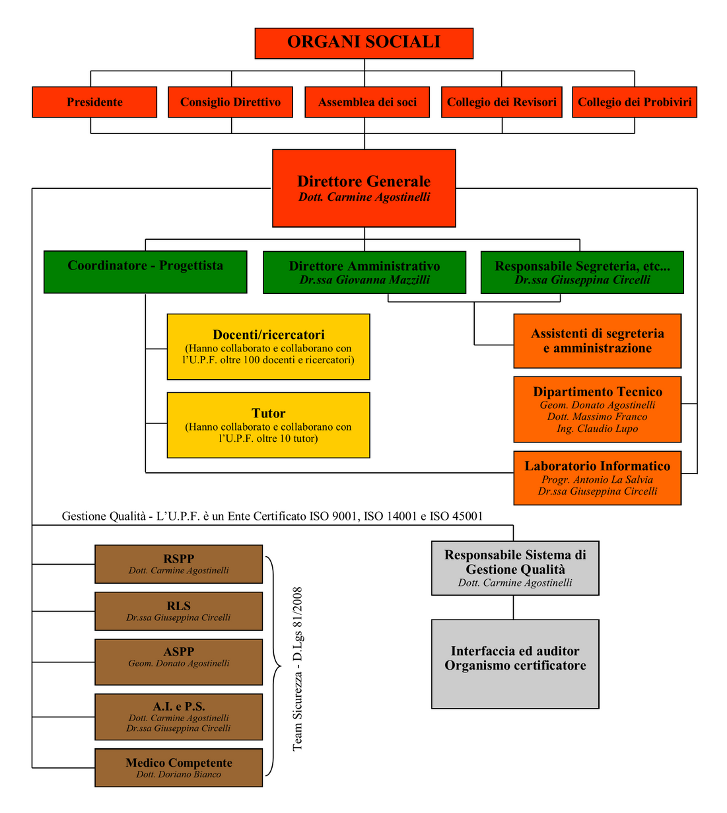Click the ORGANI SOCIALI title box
point(364,44)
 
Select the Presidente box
point(94,102)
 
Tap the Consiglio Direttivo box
point(230,102)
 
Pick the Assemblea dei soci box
point(367,102)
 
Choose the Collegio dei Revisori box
point(502,102)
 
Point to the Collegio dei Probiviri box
point(635,102)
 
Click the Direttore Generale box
point(364,188)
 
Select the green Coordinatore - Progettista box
point(145,272)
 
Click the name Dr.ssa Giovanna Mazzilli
point(364,279)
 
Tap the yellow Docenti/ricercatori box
point(268,347)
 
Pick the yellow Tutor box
point(268,425)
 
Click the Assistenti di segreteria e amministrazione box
point(598,341)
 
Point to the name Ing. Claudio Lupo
point(597,429)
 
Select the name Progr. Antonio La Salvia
point(597,479)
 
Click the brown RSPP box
point(178,564)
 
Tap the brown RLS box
point(178,611)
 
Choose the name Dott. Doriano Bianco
point(178,774)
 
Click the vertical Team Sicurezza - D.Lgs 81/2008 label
point(297,669)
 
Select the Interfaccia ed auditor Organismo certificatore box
point(515,664)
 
